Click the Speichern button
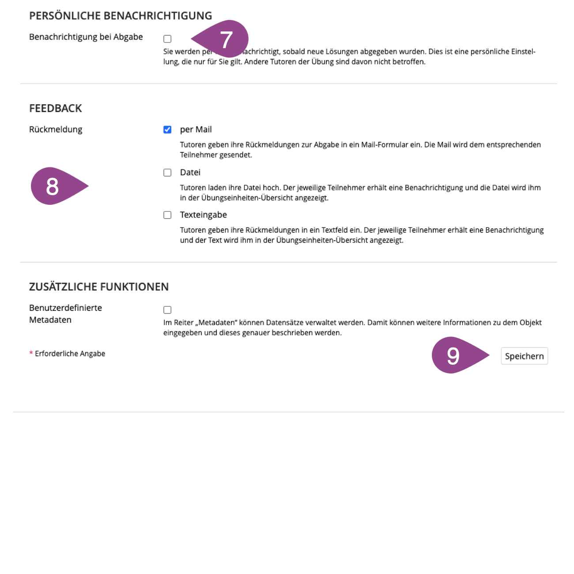[524, 356]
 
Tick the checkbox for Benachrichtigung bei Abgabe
[167, 39]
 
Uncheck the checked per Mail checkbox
[167, 130]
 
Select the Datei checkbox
[167, 173]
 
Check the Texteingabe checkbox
[167, 215]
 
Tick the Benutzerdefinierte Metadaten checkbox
[167, 310]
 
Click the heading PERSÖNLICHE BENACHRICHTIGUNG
[121, 16]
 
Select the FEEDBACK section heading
[56, 109]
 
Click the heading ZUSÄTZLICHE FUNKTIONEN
[99, 287]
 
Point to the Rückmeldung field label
[56, 130]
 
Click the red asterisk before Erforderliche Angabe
[31, 354]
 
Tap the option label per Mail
[196, 130]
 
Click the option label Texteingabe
[203, 215]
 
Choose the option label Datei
[190, 173]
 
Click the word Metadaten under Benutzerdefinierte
[50, 320]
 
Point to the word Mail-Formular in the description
[385, 145]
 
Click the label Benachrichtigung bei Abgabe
[86, 37]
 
